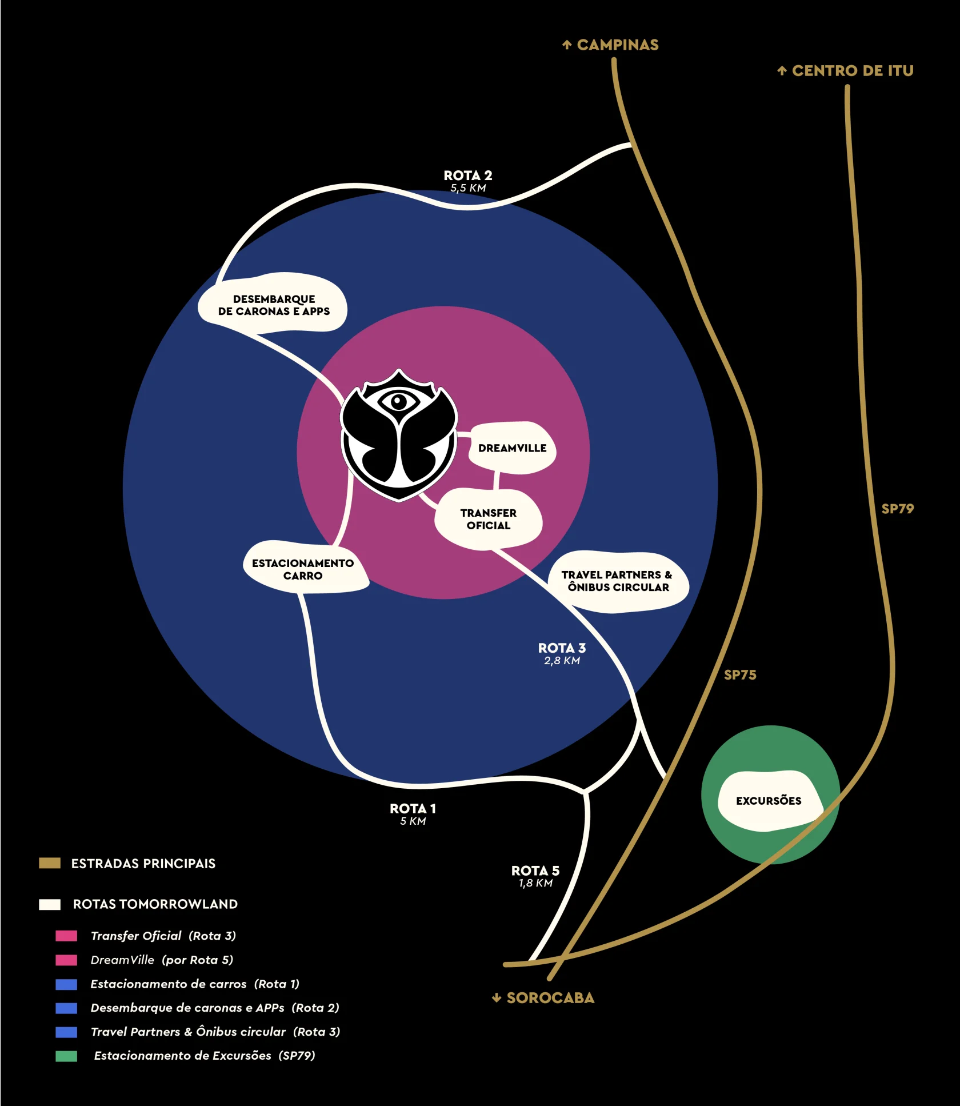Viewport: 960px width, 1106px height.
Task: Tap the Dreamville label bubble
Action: (x=512, y=448)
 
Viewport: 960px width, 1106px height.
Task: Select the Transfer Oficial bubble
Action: (x=488, y=519)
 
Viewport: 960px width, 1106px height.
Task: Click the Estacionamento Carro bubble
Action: (x=303, y=569)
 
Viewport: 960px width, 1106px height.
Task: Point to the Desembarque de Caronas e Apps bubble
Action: (x=274, y=305)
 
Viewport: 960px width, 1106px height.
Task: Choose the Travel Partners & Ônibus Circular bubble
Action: (x=617, y=581)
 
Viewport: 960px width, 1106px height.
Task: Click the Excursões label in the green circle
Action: (x=769, y=801)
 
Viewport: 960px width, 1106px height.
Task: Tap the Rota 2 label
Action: (x=468, y=181)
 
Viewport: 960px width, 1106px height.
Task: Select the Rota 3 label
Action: (x=562, y=653)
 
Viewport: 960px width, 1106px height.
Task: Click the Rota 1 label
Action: (x=413, y=814)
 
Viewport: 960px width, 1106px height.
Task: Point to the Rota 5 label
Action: (x=535, y=876)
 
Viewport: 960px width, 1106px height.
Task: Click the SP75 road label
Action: (x=740, y=675)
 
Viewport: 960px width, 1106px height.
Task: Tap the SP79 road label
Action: (x=898, y=509)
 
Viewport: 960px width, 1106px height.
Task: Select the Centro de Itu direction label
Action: (x=846, y=71)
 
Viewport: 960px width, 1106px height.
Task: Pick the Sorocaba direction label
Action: (x=543, y=998)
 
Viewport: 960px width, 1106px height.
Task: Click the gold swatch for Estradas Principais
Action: (x=50, y=863)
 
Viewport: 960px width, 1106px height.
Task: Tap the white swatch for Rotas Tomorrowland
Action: (x=50, y=904)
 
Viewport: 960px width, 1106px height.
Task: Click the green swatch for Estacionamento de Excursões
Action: (x=66, y=1056)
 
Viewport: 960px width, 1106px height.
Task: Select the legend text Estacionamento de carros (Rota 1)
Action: (x=195, y=984)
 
